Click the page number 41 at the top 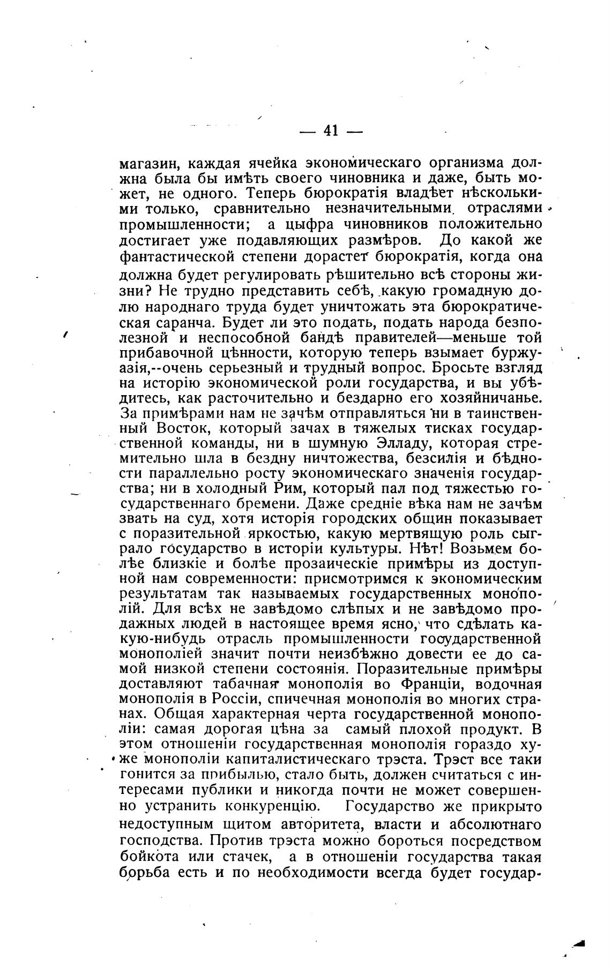click(x=331, y=130)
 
